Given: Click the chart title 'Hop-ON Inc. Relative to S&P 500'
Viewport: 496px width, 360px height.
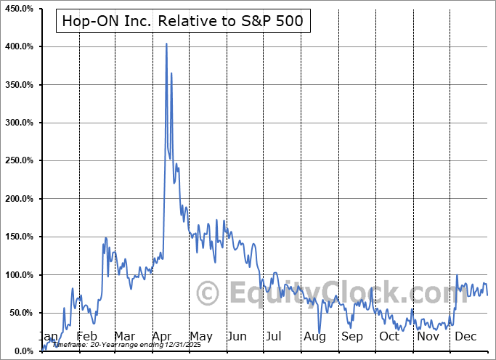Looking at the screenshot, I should click(x=184, y=22).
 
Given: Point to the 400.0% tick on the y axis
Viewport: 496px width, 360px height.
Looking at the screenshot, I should click(x=21, y=46).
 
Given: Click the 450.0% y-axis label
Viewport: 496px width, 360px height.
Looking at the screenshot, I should click(x=21, y=9).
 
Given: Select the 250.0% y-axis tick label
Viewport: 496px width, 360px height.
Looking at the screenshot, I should click(x=21, y=160).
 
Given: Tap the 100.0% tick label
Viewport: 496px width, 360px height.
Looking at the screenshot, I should click(x=21, y=275).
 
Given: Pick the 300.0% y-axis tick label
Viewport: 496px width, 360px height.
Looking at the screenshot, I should click(x=21, y=123).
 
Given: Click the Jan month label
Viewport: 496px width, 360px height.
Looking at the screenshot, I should click(x=48, y=337).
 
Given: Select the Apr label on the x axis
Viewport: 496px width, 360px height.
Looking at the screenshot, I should click(x=161, y=337).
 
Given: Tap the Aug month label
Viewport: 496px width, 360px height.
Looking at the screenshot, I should click(x=314, y=337).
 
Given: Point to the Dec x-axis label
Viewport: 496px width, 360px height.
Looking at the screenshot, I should click(x=466, y=337).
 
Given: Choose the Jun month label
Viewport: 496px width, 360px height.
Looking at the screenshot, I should click(x=237, y=337).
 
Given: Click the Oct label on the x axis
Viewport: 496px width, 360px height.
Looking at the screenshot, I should click(x=389, y=337).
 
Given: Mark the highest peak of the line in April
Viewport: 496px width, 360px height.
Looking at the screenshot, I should click(x=166, y=44).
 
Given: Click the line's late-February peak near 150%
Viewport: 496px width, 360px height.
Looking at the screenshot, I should click(x=106, y=237).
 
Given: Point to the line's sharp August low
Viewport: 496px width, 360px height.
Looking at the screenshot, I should click(x=320, y=332).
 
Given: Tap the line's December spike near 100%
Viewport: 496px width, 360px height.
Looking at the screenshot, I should click(x=457, y=275).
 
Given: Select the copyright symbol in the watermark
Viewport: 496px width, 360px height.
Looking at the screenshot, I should click(x=209, y=292).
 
